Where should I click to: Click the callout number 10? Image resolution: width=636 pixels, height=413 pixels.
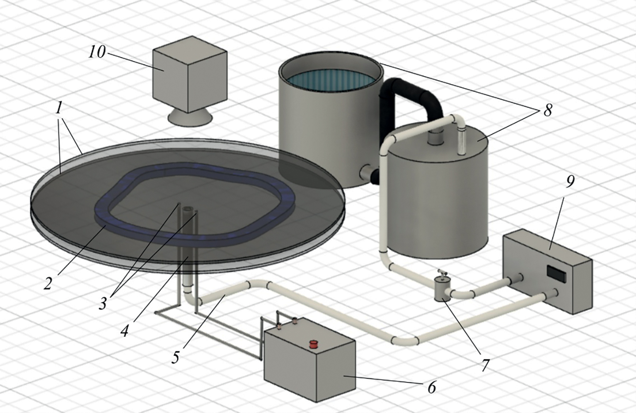[x=97, y=52]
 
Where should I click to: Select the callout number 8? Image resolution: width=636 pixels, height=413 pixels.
[x=547, y=110]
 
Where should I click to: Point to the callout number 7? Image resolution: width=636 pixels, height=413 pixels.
[x=486, y=365]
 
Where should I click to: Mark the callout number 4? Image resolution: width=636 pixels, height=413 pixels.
[x=124, y=330]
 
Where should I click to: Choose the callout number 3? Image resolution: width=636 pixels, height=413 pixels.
[x=102, y=303]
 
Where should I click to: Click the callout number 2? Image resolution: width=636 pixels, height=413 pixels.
[x=48, y=283]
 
